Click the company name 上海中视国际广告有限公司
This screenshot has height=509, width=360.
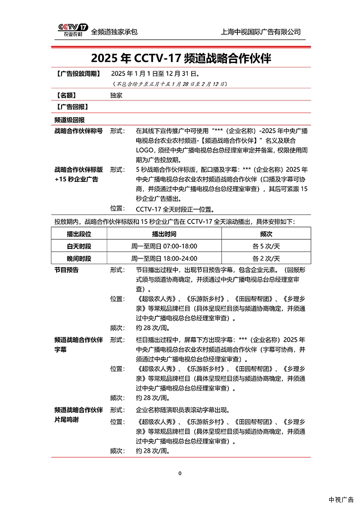click(x=260, y=32)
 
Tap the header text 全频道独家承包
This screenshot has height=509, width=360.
click(x=114, y=32)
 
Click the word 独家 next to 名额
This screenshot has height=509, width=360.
click(x=116, y=95)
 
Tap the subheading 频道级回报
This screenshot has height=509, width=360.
click(x=70, y=120)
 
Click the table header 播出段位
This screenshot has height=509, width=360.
click(x=79, y=233)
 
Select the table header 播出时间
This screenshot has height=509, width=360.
click(x=164, y=233)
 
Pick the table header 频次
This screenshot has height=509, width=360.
click(x=266, y=233)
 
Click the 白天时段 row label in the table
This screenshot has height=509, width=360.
click(x=79, y=246)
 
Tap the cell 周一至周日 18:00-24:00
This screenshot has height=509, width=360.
click(x=164, y=258)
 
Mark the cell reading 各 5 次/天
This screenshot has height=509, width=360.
click(x=266, y=246)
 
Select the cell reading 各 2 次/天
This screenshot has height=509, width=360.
click(x=266, y=258)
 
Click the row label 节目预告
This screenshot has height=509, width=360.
click(x=67, y=270)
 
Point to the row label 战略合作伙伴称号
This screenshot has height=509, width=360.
click(x=78, y=132)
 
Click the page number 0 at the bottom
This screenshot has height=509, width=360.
click(x=180, y=473)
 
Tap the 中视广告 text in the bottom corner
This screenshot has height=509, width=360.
click(x=341, y=500)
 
